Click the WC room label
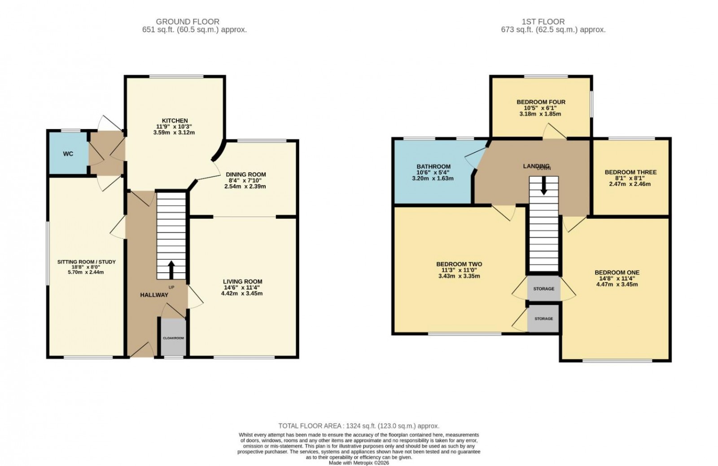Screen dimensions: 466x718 (x=68, y=154)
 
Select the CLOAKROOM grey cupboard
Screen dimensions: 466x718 (x=173, y=337)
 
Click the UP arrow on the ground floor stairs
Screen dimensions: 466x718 (x=171, y=270)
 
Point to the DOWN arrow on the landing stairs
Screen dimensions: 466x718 (x=543, y=186)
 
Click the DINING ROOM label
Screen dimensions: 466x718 (x=245, y=174)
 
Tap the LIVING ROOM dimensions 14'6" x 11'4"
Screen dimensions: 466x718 (x=242, y=288)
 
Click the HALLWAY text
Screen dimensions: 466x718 (x=154, y=295)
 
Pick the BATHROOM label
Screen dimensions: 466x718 (x=433, y=166)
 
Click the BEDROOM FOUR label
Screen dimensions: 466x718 (x=541, y=102)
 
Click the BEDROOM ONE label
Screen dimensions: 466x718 (x=617, y=272)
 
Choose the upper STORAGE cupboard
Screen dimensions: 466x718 (x=543, y=288)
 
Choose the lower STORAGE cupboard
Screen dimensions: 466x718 (x=543, y=318)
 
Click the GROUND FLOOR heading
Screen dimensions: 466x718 (x=188, y=22)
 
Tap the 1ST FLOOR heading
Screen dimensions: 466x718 (x=543, y=22)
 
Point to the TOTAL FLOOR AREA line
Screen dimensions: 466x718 (x=359, y=426)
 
